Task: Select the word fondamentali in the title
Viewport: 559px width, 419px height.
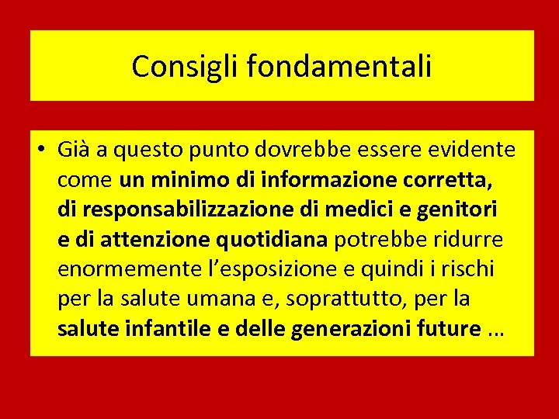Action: [x=339, y=67]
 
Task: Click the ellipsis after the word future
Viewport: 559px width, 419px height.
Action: [x=497, y=330]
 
